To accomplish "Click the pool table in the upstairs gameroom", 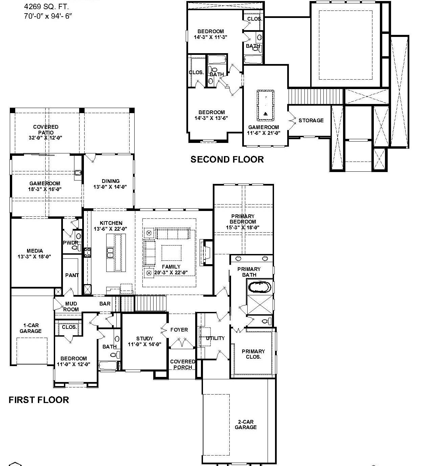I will pos(266,105).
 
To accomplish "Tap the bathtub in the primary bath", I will pos(259,288).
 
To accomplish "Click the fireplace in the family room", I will pos(206,252).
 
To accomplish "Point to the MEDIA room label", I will pos(35,254).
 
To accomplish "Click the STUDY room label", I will pos(144,341).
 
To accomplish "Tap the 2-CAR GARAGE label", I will pos(246,424).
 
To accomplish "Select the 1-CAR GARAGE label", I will pos(30,328).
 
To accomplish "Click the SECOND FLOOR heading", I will pos(227,160).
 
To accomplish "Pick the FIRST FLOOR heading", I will pos(39,400).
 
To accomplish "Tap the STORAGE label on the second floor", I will pos(311,120).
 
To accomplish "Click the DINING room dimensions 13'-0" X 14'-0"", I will pos(110,187).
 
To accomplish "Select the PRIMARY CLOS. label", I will pos(253,354).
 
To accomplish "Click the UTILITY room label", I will pos(215,338).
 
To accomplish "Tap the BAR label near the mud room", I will pos(105,304).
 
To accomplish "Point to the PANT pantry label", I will pos(72,275).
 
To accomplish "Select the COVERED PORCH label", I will pos(183,364).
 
